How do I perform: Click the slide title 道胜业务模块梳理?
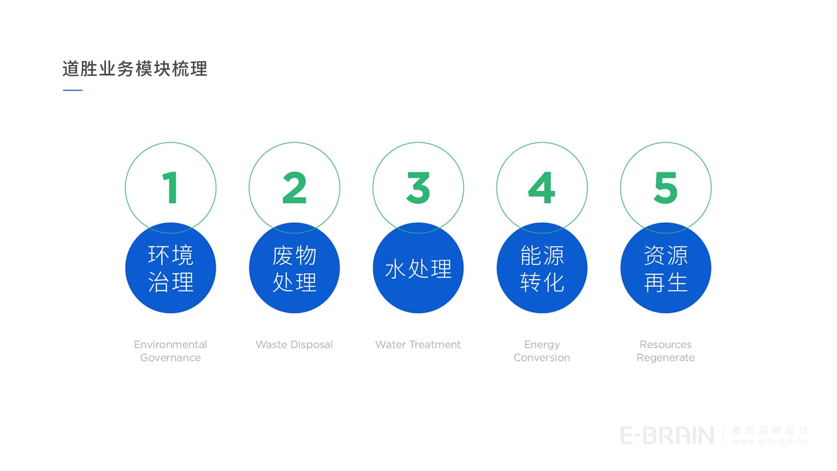(x=135, y=69)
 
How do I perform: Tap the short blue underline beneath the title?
(x=72, y=90)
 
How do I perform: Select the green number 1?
(x=171, y=188)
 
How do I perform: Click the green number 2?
(x=294, y=188)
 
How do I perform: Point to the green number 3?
(x=418, y=188)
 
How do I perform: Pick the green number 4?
(x=542, y=188)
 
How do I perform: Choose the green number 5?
(x=665, y=188)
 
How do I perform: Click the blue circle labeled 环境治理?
(x=171, y=268)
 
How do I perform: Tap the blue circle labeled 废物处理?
(x=294, y=268)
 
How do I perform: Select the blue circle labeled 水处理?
(x=418, y=268)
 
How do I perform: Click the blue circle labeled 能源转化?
(x=542, y=268)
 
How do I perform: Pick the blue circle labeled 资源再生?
(x=665, y=268)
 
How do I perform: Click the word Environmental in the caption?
(x=171, y=345)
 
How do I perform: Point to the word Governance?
(x=171, y=358)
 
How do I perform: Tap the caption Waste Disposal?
(x=294, y=345)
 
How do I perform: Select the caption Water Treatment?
(x=418, y=345)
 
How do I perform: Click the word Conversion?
(x=542, y=358)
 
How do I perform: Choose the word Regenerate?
(x=665, y=358)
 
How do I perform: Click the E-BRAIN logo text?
(x=667, y=436)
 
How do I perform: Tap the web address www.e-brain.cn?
(x=770, y=442)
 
